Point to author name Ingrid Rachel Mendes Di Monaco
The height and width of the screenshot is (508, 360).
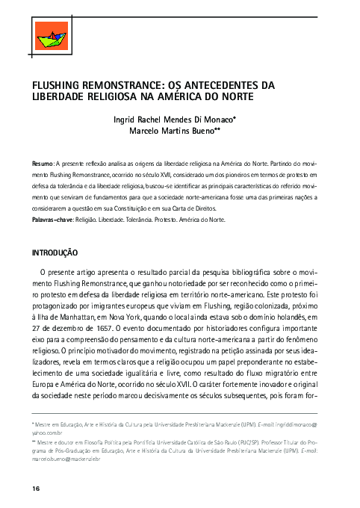[x=184, y=119]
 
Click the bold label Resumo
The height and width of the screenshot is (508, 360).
[x=42, y=162]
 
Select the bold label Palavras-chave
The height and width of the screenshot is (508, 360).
[x=53, y=221]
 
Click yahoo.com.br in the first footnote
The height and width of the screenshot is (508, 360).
[x=49, y=432]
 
